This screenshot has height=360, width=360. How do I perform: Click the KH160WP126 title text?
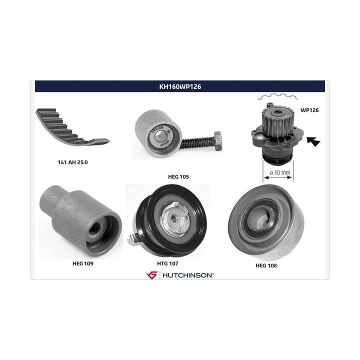(x=180, y=86)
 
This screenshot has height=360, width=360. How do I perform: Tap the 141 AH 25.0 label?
(x=72, y=162)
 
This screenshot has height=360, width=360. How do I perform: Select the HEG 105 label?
(x=178, y=177)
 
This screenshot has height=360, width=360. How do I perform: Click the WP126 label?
(x=309, y=110)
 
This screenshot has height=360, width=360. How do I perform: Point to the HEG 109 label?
(x=83, y=263)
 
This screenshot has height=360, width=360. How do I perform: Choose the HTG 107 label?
(x=167, y=263)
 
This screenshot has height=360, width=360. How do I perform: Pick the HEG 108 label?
(x=266, y=265)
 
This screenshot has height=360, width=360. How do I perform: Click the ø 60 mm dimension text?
(x=280, y=172)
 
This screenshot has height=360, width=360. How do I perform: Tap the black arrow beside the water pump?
(x=313, y=141)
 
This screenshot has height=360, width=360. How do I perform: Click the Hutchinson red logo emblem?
(x=152, y=275)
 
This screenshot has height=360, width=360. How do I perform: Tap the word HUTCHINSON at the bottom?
(x=188, y=275)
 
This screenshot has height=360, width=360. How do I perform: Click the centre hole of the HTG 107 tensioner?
(x=174, y=219)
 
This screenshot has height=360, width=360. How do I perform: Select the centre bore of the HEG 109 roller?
(x=95, y=228)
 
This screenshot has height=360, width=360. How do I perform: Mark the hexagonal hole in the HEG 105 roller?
(x=159, y=137)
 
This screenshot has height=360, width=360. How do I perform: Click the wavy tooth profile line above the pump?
(x=277, y=96)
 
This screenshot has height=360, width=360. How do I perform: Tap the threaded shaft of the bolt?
(x=197, y=142)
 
